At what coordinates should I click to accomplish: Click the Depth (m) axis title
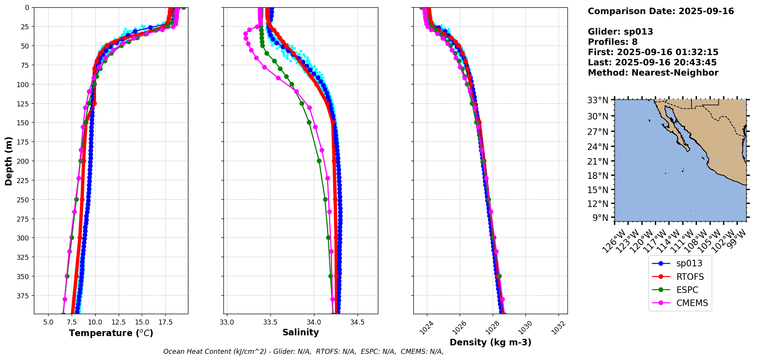tap(8, 161)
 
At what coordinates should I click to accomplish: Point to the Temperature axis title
tap(111, 333)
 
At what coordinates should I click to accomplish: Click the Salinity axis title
tap(300, 333)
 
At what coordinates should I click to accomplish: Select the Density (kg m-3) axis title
tap(490, 342)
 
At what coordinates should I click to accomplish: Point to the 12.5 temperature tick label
tap(118, 322)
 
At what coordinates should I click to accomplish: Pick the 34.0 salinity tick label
tap(314, 322)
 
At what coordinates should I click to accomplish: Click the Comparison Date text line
tap(661, 11)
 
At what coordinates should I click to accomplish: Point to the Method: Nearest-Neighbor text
tap(653, 73)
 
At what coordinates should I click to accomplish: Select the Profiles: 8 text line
tap(613, 42)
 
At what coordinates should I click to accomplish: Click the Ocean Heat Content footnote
tap(303, 352)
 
